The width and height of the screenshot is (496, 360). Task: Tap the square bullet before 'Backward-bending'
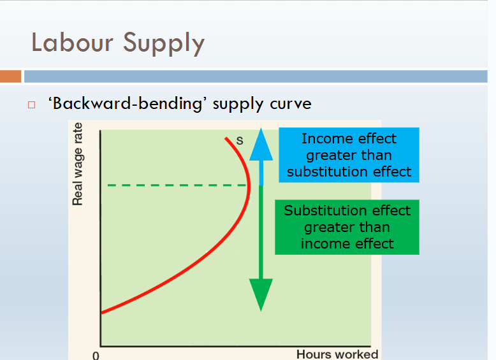(30, 104)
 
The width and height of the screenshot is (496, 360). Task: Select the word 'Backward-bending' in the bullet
(125, 103)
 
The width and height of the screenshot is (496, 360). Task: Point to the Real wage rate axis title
(78, 164)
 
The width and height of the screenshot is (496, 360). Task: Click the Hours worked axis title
(337, 354)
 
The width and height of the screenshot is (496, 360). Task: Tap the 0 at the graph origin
(96, 355)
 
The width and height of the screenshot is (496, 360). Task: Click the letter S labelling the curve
(240, 141)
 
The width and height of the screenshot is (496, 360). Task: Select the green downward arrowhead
(261, 294)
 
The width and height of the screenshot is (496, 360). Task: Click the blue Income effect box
(349, 155)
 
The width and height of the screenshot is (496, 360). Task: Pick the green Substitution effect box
(347, 227)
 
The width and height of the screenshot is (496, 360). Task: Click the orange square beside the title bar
(11, 76)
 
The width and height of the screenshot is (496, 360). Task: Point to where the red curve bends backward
(249, 186)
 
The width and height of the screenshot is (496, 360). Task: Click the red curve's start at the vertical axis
(103, 312)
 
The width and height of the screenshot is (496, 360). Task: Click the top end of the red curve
(226, 138)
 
